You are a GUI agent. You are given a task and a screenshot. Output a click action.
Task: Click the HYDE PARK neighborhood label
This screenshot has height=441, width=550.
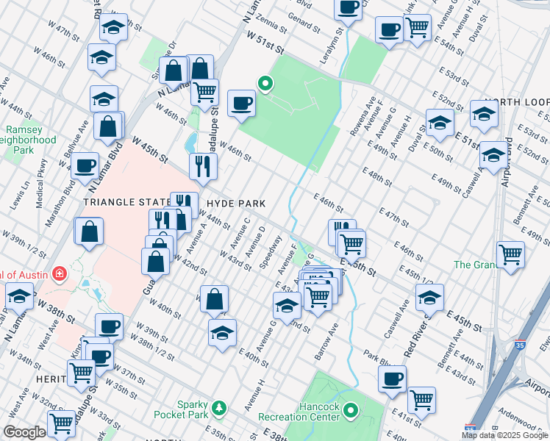(x=235, y=202)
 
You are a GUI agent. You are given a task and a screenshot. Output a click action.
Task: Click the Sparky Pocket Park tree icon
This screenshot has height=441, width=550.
(x=218, y=407)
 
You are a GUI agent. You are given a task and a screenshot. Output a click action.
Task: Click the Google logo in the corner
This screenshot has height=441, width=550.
(x=24, y=432)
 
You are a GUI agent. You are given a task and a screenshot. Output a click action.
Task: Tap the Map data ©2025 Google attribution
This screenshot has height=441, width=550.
(x=504, y=435)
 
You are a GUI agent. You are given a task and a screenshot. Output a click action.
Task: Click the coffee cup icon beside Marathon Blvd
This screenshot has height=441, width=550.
(x=85, y=165)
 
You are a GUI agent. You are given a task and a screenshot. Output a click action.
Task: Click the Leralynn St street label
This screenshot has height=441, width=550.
(x=339, y=45)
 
